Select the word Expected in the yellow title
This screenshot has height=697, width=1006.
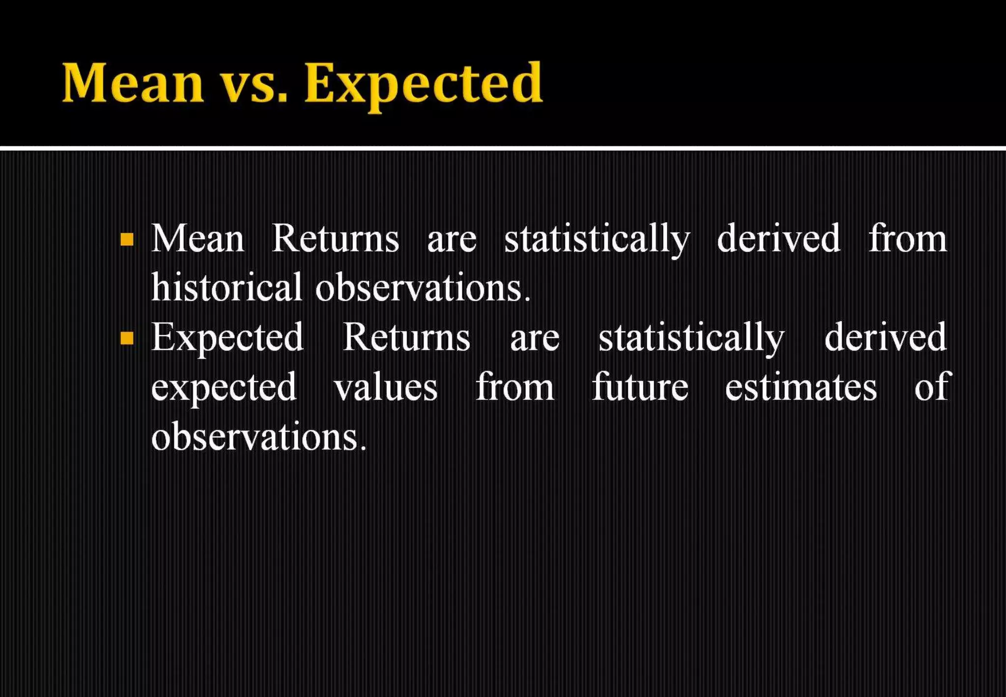click(x=423, y=85)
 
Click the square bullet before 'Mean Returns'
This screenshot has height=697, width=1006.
click(x=127, y=239)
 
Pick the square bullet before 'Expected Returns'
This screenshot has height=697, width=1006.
click(x=127, y=338)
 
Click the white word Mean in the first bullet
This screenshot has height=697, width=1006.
click(x=197, y=239)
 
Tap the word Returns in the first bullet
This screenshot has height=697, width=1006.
click(x=335, y=239)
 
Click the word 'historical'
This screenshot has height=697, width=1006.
click(x=226, y=288)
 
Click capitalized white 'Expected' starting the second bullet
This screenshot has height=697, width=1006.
click(x=227, y=339)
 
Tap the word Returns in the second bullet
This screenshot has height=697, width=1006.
click(x=406, y=338)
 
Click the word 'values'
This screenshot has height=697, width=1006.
click(x=386, y=387)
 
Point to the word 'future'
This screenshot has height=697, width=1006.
click(x=640, y=387)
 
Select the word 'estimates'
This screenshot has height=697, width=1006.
click(x=801, y=387)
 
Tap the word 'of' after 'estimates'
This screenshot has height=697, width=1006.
click(x=930, y=386)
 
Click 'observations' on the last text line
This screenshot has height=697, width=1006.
click(x=258, y=437)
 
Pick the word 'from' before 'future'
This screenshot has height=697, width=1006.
click(x=515, y=387)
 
